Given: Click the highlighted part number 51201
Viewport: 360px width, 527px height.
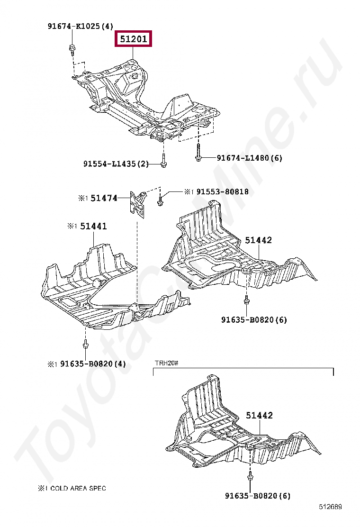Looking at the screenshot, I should coord(133,39).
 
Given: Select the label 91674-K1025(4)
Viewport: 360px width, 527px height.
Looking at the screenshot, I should coord(80,27).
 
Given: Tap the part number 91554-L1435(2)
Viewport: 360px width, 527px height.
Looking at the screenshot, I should coord(116,164).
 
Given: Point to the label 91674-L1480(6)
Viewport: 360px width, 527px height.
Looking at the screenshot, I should coord(249,158).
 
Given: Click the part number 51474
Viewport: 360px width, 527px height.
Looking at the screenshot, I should coord(104,198).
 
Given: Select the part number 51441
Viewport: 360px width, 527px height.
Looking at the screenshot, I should coord(93,227).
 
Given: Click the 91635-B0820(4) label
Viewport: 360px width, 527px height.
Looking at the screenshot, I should coord(93,364).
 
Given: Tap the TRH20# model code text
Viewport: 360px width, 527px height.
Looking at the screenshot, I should coord(166,363).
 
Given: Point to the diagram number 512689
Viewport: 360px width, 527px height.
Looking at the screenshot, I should coord(330,507).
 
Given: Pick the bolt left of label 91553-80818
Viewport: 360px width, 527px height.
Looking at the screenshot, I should coord(161,200).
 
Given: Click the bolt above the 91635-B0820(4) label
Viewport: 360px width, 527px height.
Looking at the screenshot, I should coord(85,345).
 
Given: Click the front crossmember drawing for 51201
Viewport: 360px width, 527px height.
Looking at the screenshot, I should coord(147,100).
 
